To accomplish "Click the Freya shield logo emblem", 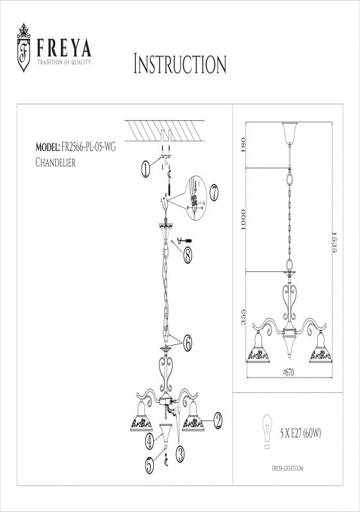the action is tap(24, 47).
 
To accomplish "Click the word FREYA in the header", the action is tap(63, 48).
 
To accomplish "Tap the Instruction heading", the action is tap(180, 64).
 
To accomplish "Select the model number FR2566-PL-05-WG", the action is tap(88, 147).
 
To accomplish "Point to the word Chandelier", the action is tap(55, 163).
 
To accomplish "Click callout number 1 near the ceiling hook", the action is tap(145, 169).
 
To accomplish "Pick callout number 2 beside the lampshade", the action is tap(218, 421).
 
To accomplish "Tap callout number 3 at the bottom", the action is tap(180, 454).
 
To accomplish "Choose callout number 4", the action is tap(149, 441).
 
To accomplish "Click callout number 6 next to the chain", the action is tap(187, 343).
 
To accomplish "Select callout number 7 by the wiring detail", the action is tap(214, 193).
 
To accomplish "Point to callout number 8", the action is tap(187, 255).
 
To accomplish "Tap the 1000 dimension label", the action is tap(242, 220).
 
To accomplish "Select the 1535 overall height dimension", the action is tap(334, 243).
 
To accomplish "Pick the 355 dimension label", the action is tap(243, 317).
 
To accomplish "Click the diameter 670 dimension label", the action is tap(288, 372).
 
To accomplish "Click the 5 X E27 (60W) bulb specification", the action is tap(300, 433).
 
